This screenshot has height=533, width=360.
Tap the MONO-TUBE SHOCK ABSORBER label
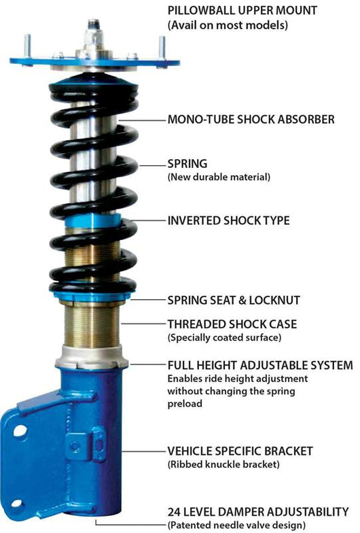click(x=251, y=120)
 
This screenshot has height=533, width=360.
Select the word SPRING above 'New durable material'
click(x=187, y=164)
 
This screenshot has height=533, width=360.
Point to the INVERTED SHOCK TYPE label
click(x=228, y=220)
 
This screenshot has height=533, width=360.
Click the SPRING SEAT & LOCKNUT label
click(x=234, y=299)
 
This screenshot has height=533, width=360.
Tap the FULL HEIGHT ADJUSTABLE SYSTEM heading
click(x=259, y=365)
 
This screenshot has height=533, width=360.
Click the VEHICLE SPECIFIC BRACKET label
click(x=240, y=450)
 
